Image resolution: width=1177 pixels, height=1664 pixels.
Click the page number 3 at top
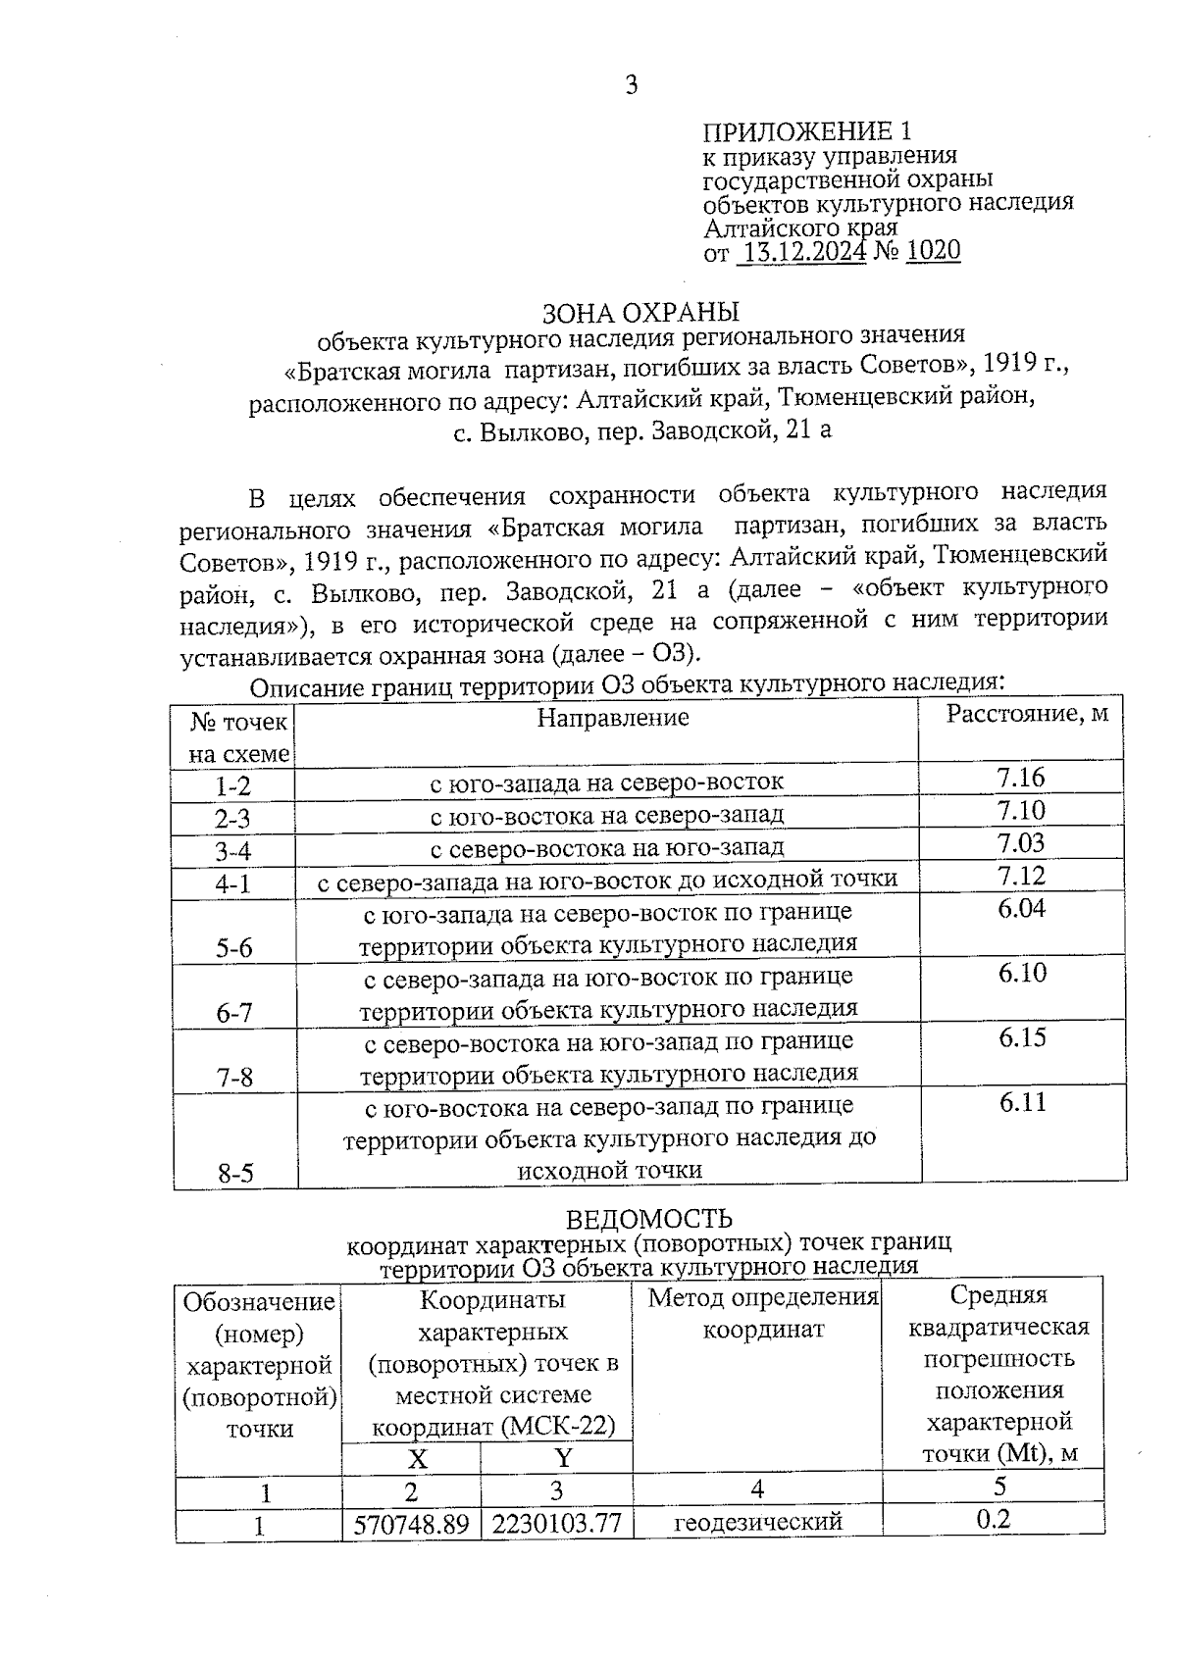tap(631, 85)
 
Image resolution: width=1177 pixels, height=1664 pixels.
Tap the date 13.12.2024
tap(802, 252)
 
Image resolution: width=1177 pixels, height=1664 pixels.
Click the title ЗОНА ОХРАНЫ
tap(640, 313)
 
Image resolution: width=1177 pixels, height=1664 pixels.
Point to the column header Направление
tap(612, 718)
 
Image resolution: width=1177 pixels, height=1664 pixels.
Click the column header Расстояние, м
tap(1026, 714)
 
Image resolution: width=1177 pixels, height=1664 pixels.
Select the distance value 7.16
tap(1020, 779)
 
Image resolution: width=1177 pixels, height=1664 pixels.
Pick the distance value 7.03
tap(1020, 843)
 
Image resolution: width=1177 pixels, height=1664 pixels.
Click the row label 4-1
tap(233, 883)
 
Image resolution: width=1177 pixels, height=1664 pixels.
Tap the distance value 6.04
tap(1021, 908)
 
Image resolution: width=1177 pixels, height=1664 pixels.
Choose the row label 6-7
tap(234, 1013)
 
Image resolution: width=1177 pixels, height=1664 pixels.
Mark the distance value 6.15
tap(1022, 1037)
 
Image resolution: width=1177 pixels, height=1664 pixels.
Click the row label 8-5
tap(235, 1174)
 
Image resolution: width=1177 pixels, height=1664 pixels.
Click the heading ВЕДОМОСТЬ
tap(649, 1219)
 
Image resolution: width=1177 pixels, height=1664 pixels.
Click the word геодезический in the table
tap(757, 1523)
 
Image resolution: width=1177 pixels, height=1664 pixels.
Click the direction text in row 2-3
tap(606, 816)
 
